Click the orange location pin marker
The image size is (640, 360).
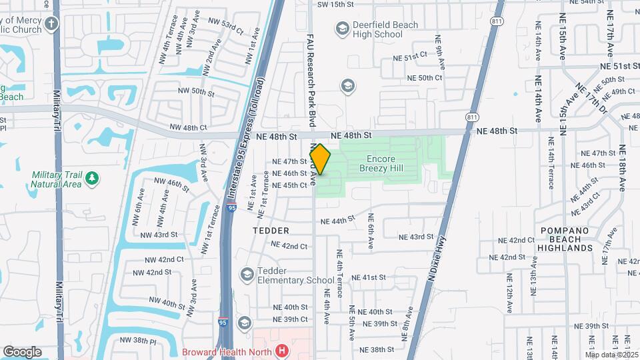(320, 160)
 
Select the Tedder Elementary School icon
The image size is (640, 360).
(247, 275)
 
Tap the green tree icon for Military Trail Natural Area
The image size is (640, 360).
(92, 177)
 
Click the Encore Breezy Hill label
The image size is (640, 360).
(381, 164)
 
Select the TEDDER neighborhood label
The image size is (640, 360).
(271, 231)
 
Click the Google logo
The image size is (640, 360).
(22, 352)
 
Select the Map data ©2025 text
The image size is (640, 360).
(611, 355)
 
